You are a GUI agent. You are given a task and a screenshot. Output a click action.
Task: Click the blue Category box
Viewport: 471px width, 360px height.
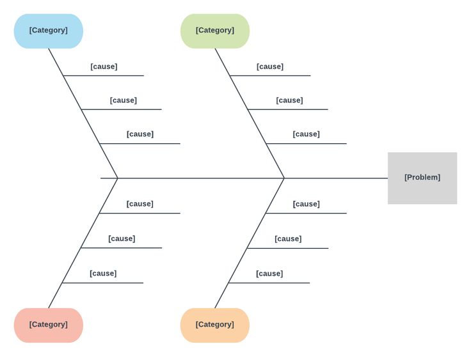(x=49, y=31)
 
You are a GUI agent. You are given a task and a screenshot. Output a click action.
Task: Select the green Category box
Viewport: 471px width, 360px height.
(x=215, y=31)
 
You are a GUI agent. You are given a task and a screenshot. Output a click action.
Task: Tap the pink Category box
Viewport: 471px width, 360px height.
(x=49, y=325)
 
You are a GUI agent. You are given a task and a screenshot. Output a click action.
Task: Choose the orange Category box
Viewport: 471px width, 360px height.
(x=215, y=325)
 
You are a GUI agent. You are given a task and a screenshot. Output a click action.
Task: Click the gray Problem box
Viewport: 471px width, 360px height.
(x=422, y=178)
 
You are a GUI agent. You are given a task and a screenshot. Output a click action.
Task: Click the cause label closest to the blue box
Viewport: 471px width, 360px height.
(x=104, y=67)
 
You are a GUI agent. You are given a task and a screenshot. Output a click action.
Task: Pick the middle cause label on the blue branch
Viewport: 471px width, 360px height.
(x=123, y=100)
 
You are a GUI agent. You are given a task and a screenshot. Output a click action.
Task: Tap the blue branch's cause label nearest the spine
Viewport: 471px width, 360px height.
(x=140, y=134)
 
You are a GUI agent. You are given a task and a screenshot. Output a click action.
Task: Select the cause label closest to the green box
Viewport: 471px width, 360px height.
(x=270, y=67)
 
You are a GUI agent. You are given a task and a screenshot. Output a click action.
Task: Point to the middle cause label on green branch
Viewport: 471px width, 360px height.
(x=289, y=100)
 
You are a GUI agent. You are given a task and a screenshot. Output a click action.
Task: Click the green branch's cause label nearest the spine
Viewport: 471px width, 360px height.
(x=307, y=134)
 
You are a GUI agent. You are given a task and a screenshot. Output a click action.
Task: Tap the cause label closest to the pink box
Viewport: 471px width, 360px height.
(x=103, y=274)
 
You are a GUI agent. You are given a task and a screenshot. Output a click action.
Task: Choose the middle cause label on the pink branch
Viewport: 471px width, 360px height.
(x=122, y=239)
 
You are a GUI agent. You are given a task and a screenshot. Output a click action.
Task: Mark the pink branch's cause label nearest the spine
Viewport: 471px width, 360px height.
(x=140, y=204)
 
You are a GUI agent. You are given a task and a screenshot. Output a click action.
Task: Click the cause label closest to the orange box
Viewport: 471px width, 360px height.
(x=269, y=274)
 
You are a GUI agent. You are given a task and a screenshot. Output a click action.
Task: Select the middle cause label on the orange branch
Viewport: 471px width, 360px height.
(x=288, y=239)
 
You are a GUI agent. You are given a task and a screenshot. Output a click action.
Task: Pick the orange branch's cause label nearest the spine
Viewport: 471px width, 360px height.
(x=307, y=204)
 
